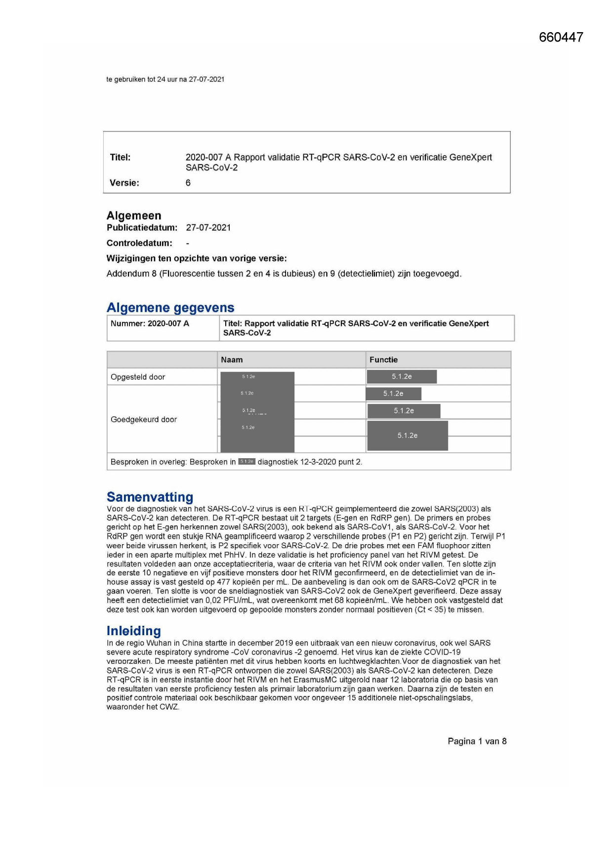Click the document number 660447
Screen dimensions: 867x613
pos(561,38)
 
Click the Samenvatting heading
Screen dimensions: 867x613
pos(150,497)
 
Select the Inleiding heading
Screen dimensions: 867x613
pos(133,631)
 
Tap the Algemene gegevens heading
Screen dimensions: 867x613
pos(170,307)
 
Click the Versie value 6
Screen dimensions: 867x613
pos(188,183)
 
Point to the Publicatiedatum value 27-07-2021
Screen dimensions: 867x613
pos(208,228)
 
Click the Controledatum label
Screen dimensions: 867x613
pos(139,243)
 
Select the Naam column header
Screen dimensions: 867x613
pos(232,360)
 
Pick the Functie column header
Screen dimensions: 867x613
pos(383,360)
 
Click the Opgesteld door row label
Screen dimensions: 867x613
pos(138,377)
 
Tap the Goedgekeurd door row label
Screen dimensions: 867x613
pos(144,420)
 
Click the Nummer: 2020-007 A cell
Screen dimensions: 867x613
pos(150,324)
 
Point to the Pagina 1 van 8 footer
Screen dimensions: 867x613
pos(477,741)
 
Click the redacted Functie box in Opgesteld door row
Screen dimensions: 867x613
pos(402,377)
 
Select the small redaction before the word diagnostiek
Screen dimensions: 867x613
pos(246,462)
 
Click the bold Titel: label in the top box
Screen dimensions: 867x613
pos(120,158)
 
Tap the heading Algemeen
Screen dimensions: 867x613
pos(134,216)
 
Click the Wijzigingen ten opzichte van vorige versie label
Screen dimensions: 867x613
pos(197,259)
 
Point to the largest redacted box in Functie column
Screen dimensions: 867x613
pos(408,435)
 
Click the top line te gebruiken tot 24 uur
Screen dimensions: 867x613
pos(165,79)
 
